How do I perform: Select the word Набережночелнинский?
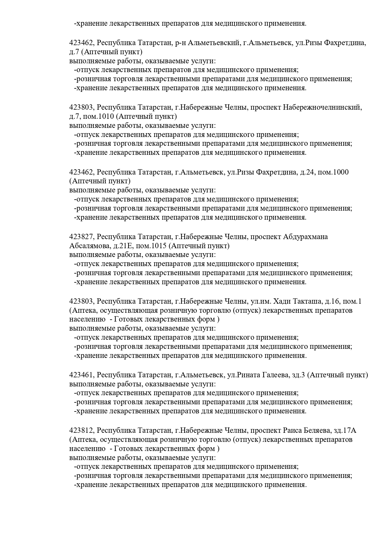[323, 107]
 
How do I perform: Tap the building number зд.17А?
[345, 430]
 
